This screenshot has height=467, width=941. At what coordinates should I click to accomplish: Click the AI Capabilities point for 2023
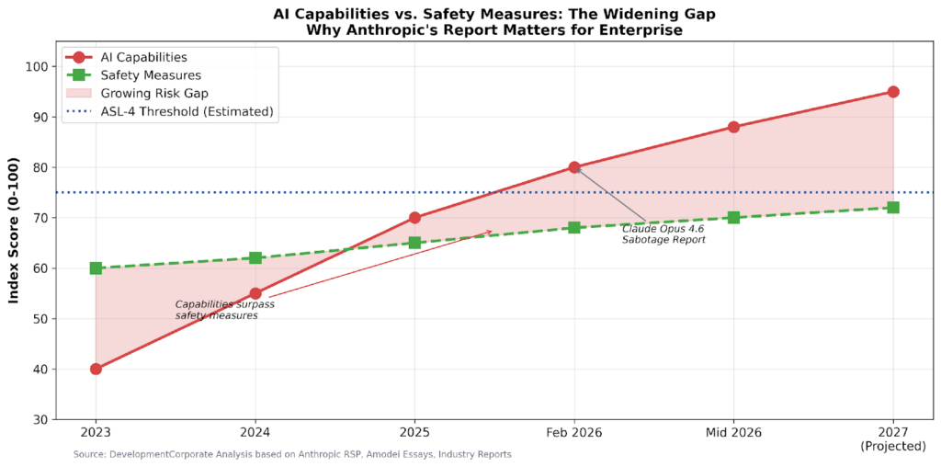pos(96,369)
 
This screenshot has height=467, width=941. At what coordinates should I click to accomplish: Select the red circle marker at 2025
pos(414,218)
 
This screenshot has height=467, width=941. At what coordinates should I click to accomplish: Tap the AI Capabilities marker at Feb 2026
pos(574,167)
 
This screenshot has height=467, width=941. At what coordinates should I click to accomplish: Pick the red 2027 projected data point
pos(893,92)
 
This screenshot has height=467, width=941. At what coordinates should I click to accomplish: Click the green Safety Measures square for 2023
pos(96,268)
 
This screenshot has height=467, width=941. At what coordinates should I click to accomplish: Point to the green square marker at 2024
pos(255,258)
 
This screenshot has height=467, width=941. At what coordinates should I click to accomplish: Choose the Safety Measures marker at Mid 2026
pos(733,218)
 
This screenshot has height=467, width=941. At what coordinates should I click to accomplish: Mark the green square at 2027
pos(893,208)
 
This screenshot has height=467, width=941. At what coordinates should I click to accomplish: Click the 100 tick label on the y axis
pos(37,67)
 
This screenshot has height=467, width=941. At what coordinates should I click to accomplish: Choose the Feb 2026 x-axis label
pos(574,432)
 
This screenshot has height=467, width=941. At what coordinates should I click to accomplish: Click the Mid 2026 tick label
pos(733,432)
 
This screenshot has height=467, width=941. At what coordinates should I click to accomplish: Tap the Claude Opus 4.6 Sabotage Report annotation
pos(663,234)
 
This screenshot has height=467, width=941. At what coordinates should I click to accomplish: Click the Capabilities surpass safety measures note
pos(224,310)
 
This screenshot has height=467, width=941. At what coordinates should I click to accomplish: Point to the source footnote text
pos(292,454)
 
